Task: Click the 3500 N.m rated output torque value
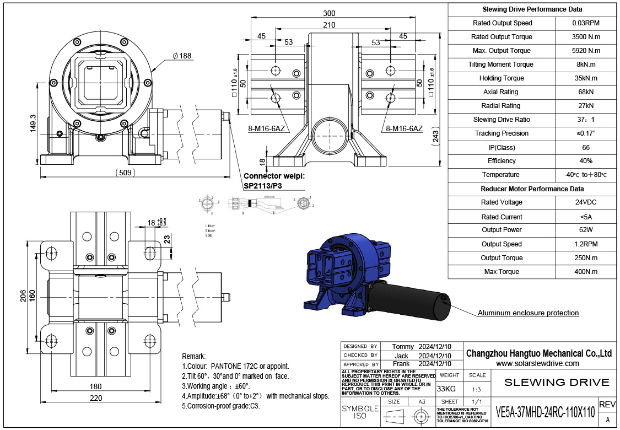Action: click(586, 37)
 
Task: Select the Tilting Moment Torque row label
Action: click(502, 64)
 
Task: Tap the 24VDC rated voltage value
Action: click(586, 202)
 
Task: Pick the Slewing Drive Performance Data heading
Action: click(532, 9)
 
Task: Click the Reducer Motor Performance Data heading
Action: click(532, 189)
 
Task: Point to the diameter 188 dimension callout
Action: click(181, 56)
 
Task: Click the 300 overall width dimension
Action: click(329, 13)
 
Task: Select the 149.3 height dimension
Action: click(33, 123)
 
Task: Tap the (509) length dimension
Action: click(126, 172)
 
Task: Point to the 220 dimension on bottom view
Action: click(95, 398)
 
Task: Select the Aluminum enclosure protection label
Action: click(528, 313)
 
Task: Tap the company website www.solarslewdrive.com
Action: click(537, 363)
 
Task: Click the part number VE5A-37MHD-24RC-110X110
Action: click(545, 412)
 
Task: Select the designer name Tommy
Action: click(402, 346)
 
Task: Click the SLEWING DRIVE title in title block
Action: click(557, 382)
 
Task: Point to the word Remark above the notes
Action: click(193, 356)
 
